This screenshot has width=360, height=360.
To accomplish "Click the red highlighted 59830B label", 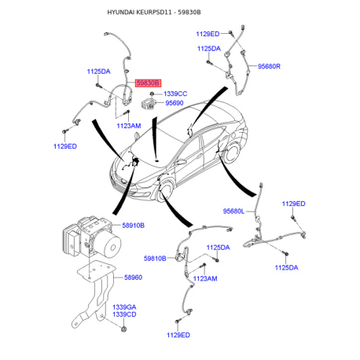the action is (x=148, y=83).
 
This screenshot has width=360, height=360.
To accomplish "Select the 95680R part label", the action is (x=269, y=66).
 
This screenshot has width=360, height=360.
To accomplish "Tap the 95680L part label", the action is (x=233, y=211).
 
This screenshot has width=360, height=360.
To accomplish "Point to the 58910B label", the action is (x=133, y=226).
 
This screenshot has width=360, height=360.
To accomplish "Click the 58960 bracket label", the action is (x=133, y=277).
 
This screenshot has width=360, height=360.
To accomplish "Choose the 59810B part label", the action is (x=155, y=259).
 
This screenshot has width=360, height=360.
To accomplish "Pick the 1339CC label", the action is (x=175, y=94).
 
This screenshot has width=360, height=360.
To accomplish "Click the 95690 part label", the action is (x=174, y=103).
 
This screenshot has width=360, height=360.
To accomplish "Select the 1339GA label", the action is (x=124, y=307).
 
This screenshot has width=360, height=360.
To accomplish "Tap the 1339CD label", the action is (x=124, y=314).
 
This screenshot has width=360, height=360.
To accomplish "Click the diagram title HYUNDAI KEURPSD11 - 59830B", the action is (x=154, y=13).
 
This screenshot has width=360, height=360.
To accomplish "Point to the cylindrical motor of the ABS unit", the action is (x=108, y=244).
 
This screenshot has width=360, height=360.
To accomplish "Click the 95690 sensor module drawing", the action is (x=149, y=103).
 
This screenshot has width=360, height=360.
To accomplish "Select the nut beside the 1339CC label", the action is (x=152, y=94).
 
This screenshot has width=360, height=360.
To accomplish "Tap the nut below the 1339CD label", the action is (x=124, y=329).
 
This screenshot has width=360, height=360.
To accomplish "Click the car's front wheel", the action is (x=165, y=192).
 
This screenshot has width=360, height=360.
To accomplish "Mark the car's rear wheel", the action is (x=232, y=154).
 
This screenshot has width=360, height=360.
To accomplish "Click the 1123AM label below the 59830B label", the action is (x=129, y=126).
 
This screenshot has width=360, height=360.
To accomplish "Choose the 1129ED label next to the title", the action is (x=208, y=34).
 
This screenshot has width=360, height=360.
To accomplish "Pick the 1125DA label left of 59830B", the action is (x=98, y=72).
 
